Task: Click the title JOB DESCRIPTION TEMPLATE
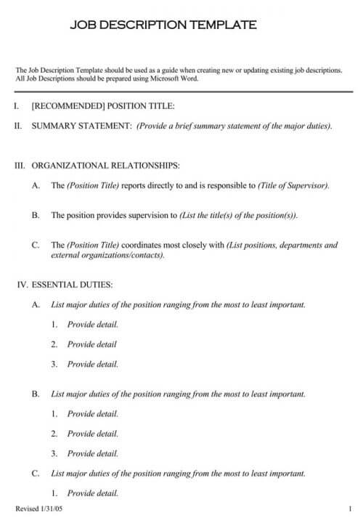pyautogui.click(x=163, y=25)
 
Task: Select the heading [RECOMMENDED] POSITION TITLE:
pyautogui.click(x=103, y=106)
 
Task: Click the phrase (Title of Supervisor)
pyautogui.click(x=293, y=185)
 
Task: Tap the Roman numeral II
pyautogui.click(x=18, y=126)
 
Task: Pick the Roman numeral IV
pyautogui.click(x=22, y=284)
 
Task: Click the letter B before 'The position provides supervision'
pyautogui.click(x=36, y=216)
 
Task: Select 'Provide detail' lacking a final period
pyautogui.click(x=91, y=344)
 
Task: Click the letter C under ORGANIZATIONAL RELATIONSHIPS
pyautogui.click(x=36, y=246)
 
